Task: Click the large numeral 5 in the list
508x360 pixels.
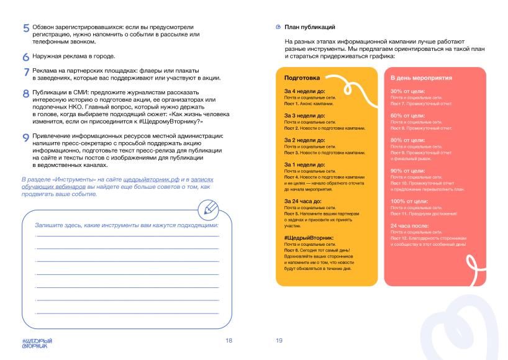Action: [26, 29]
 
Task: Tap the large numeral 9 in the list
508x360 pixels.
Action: [26, 138]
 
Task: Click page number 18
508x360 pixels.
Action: [229, 341]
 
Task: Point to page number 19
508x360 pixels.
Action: [279, 341]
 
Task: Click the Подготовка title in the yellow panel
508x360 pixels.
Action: [302, 78]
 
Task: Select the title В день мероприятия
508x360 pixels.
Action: [420, 78]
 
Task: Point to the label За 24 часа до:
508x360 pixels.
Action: [303, 201]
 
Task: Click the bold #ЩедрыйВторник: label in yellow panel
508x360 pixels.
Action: [309, 238]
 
